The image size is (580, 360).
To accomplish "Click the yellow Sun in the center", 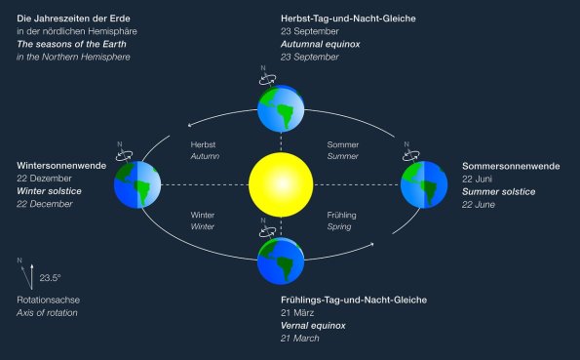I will coord(281,184).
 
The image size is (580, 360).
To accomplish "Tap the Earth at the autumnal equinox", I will coord(281,107).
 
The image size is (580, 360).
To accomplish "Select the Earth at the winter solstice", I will coord(136,184).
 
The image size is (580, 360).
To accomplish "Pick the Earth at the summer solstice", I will coord(424,184).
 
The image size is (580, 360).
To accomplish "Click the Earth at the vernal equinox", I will coord(281,259).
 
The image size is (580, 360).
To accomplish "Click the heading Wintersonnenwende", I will coord(61,165).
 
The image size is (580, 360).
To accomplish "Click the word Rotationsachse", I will coord(46,300).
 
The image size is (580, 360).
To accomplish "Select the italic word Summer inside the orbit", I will coord(343,156).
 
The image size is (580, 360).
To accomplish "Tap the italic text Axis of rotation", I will coord(48,312).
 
